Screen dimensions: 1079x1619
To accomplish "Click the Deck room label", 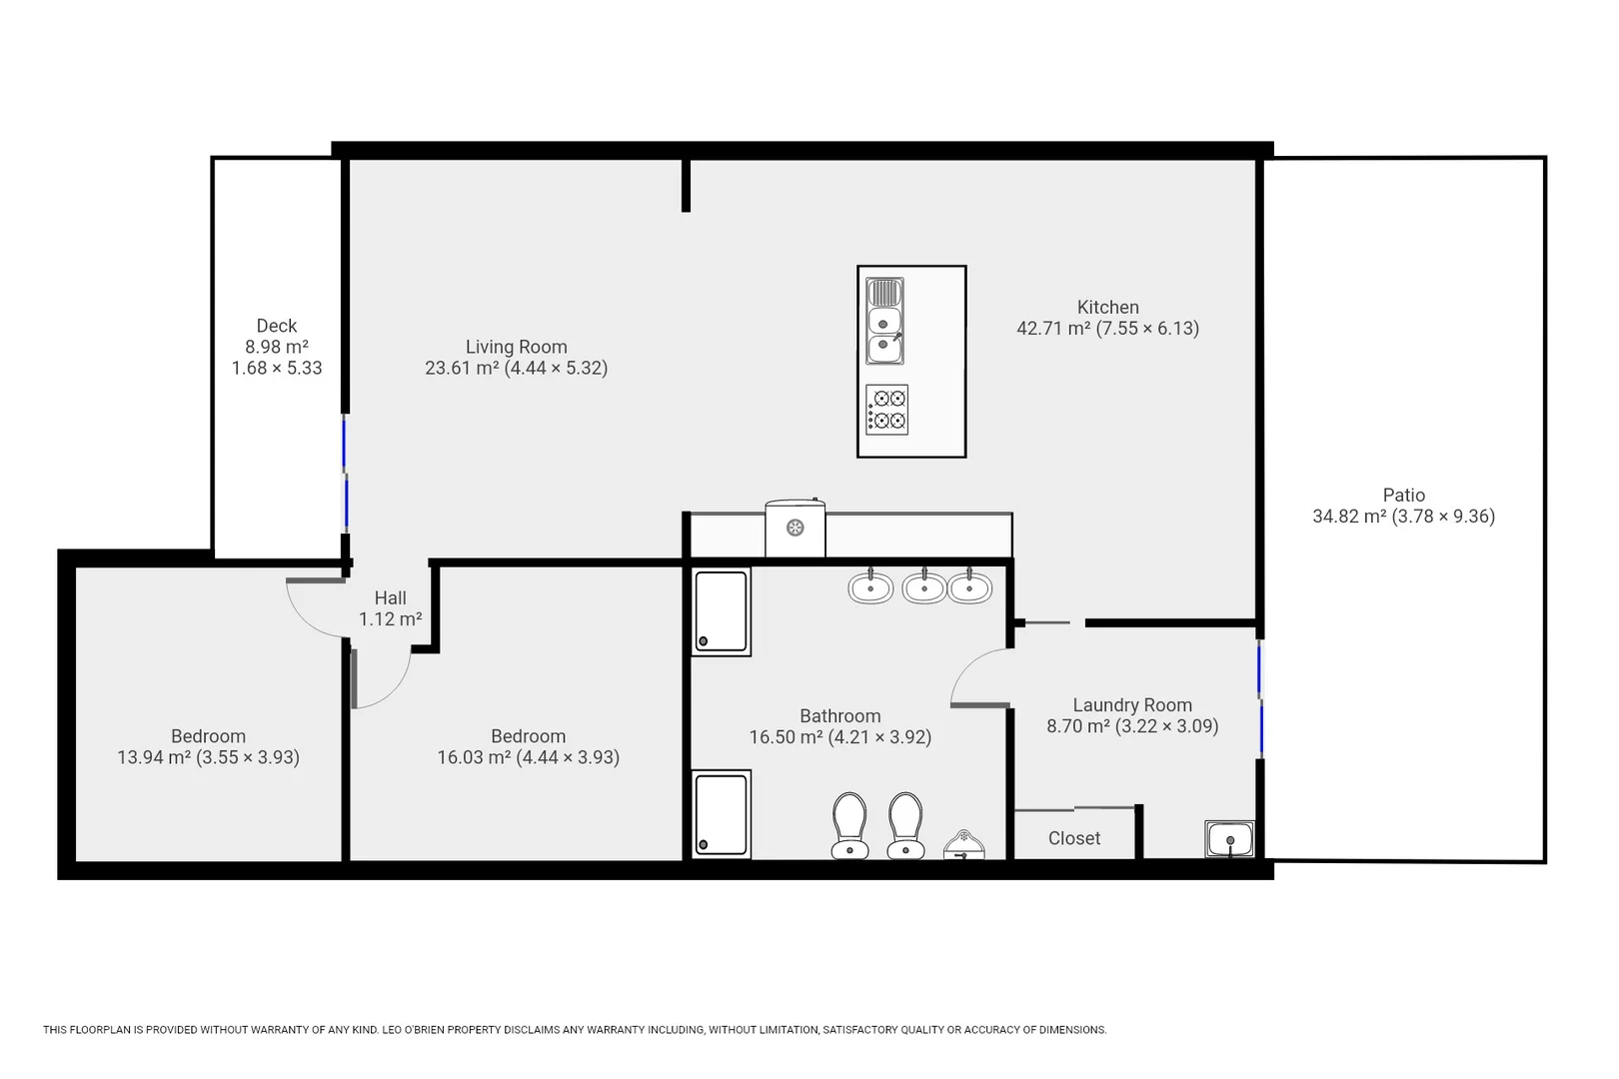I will pyautogui.click(x=276, y=326).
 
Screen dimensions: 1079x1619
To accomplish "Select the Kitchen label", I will pyautogui.click(x=1107, y=307).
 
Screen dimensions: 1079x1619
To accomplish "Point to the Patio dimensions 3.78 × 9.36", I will pyautogui.click(x=1443, y=517).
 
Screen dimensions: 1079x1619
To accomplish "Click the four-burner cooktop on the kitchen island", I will pyautogui.click(x=887, y=410).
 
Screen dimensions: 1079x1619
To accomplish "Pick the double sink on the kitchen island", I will pyautogui.click(x=884, y=321).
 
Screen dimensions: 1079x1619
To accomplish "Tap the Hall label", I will pyautogui.click(x=390, y=597).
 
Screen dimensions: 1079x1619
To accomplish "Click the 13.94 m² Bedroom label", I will pyautogui.click(x=208, y=736).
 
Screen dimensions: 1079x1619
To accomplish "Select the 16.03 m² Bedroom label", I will pyautogui.click(x=528, y=736).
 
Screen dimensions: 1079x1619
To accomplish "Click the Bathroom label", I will pyautogui.click(x=839, y=715).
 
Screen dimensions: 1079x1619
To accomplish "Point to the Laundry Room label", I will pyautogui.click(x=1131, y=704).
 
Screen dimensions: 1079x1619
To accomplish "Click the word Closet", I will pyautogui.click(x=1073, y=838).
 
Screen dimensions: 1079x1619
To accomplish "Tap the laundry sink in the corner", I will pyautogui.click(x=1229, y=839).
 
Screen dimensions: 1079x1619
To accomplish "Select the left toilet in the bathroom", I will pyautogui.click(x=849, y=825).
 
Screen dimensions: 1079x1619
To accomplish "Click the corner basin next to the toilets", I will pyautogui.click(x=963, y=845).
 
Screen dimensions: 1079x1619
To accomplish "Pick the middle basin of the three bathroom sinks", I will pyautogui.click(x=924, y=586).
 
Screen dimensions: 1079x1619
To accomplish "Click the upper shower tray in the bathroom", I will pyautogui.click(x=721, y=611).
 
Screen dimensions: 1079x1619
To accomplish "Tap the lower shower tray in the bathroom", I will pyautogui.click(x=721, y=814).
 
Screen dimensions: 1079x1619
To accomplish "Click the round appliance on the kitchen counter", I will pyautogui.click(x=796, y=529).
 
